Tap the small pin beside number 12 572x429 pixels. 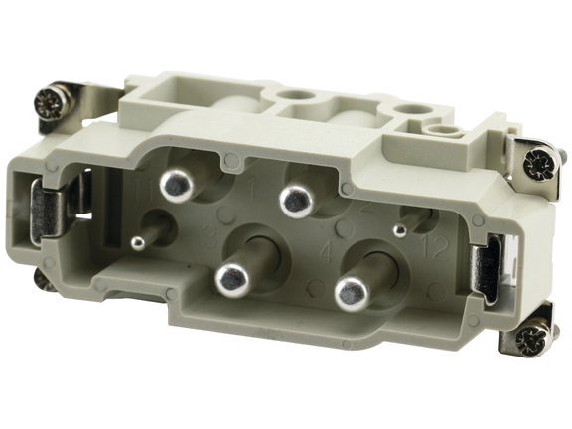pyautogui.click(x=399, y=230)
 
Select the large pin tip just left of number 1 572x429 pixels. pyautogui.click(x=176, y=184)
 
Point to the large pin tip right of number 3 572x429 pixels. pyautogui.click(x=230, y=279)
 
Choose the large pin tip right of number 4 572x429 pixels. pyautogui.click(x=349, y=290)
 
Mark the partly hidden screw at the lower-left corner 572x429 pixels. pyautogui.click(x=44, y=280)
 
